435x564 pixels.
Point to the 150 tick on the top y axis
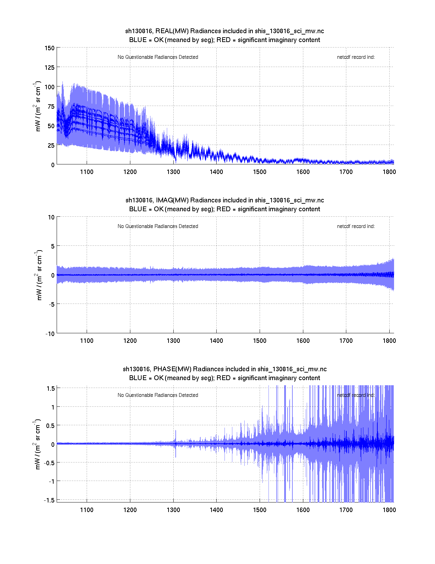(49, 48)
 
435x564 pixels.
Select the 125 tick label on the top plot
(49, 68)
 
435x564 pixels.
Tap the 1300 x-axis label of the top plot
(173, 172)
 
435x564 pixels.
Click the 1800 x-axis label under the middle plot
(389, 341)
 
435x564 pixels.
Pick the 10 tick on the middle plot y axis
(51, 217)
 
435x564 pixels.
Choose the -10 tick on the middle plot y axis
(50, 334)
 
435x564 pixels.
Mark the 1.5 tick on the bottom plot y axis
(51, 388)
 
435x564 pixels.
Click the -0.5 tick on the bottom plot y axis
(49, 463)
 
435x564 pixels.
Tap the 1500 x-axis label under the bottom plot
(260, 510)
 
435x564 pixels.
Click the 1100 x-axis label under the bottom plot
(87, 510)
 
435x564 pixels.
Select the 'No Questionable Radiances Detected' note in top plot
(158, 57)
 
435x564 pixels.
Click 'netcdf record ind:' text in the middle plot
(356, 226)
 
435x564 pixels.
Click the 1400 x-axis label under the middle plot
(216, 341)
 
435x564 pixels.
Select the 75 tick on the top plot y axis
(51, 107)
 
